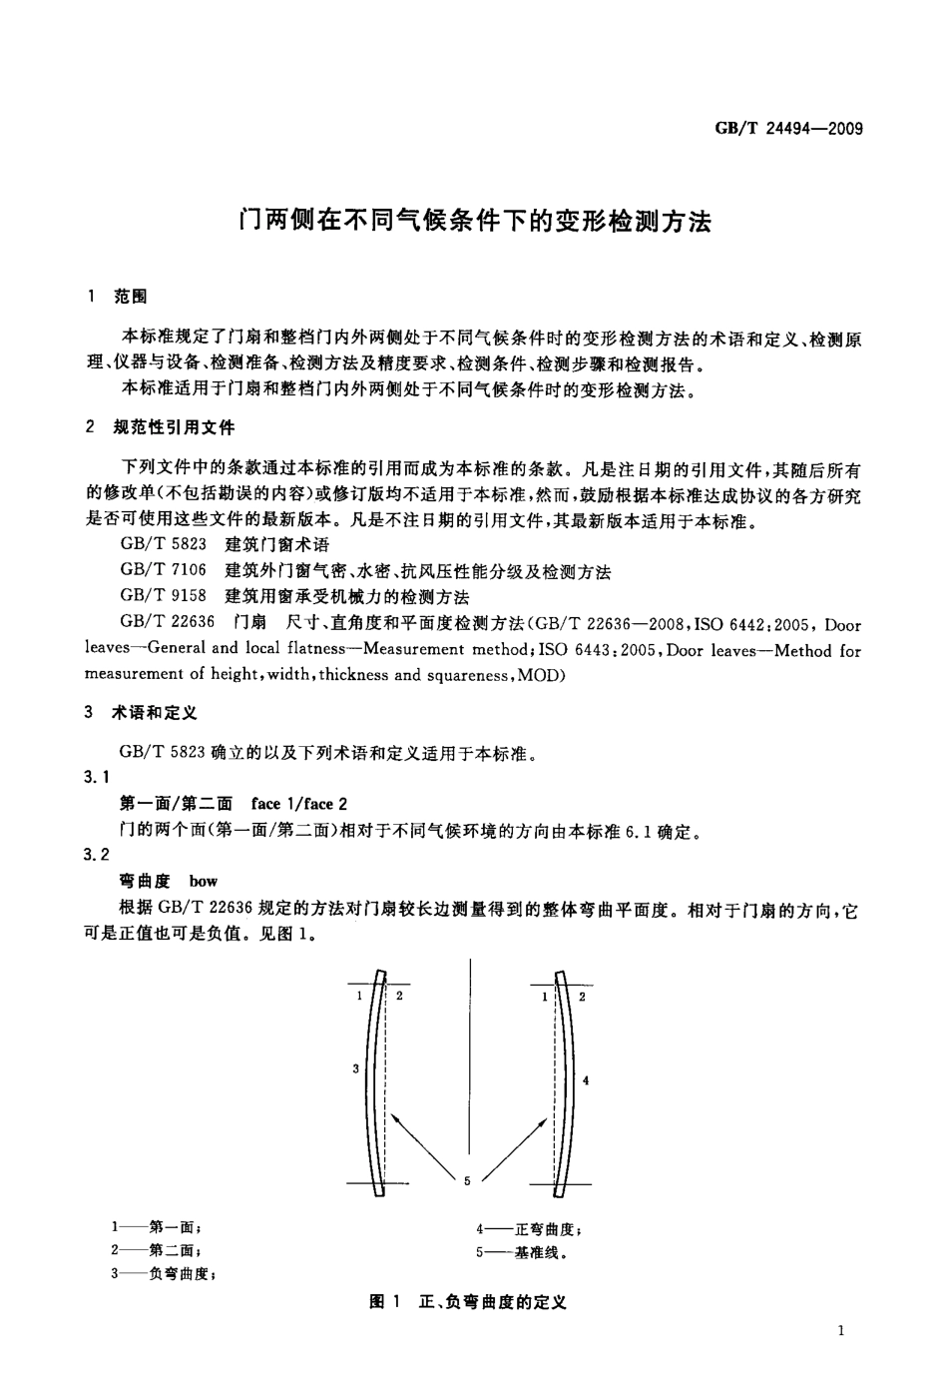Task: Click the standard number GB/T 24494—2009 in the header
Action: pyautogui.click(x=787, y=128)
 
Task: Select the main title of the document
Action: pyautogui.click(x=474, y=220)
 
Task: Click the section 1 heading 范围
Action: pyautogui.click(x=131, y=297)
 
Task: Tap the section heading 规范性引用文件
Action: pyautogui.click(x=175, y=427)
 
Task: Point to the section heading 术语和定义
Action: pyautogui.click(x=155, y=713)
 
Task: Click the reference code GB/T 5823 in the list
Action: pyautogui.click(x=163, y=545)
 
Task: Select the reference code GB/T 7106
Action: pyautogui.click(x=163, y=571)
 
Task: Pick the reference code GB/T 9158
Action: pyautogui.click(x=163, y=597)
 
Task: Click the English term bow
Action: pyautogui.click(x=204, y=882)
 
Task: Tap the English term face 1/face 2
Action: pyautogui.click(x=299, y=804)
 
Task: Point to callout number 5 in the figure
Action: pyautogui.click(x=467, y=1181)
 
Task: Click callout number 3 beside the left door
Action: pyautogui.click(x=355, y=1069)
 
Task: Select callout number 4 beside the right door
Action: pyautogui.click(x=586, y=1080)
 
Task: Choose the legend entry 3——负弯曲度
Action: pyautogui.click(x=165, y=1273)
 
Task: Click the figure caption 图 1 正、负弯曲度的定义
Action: pyautogui.click(x=468, y=1302)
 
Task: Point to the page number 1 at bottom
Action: pyautogui.click(x=843, y=1330)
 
